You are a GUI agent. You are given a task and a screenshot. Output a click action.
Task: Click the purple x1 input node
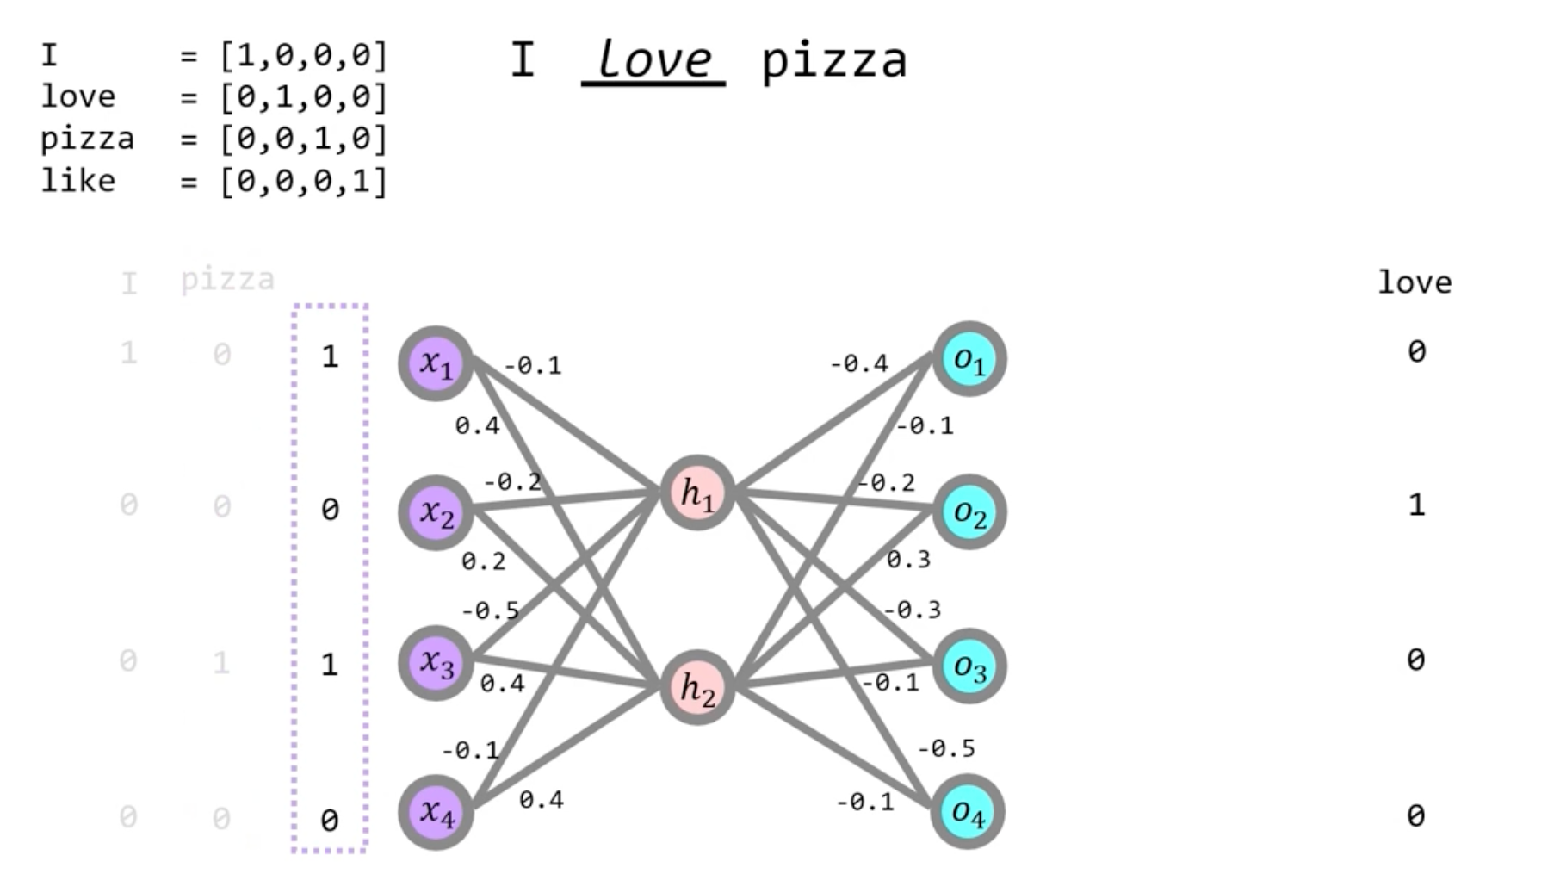(x=436, y=363)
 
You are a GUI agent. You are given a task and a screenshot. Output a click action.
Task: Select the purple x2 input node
(x=436, y=513)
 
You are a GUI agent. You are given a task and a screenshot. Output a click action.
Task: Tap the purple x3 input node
(x=436, y=662)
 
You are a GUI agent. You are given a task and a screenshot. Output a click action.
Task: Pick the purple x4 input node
(x=436, y=812)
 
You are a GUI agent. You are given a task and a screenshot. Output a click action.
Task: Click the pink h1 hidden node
(x=697, y=493)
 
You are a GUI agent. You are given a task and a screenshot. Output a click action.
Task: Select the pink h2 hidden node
(x=697, y=688)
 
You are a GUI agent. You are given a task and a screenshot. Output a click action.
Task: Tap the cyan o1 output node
(x=969, y=360)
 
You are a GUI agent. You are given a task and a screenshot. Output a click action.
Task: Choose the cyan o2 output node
(x=969, y=513)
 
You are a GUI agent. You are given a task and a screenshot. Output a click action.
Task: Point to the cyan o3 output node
(x=969, y=666)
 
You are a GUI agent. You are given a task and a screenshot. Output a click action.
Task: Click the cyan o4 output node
(x=968, y=812)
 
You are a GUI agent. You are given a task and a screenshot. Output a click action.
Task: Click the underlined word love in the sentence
(x=653, y=60)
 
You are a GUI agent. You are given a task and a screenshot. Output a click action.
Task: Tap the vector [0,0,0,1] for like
(x=303, y=181)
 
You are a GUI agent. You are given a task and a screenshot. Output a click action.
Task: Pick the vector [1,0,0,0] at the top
(x=303, y=56)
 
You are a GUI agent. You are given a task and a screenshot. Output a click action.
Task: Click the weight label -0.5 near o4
(x=946, y=748)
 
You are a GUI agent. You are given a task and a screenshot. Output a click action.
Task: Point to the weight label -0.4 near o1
(x=858, y=363)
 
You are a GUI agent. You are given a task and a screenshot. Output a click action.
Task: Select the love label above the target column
(x=1415, y=282)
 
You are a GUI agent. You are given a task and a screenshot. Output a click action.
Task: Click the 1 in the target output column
(x=1416, y=505)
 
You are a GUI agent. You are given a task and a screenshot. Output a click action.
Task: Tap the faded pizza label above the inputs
(x=227, y=280)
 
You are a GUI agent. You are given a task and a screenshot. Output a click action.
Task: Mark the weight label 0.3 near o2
(x=908, y=560)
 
